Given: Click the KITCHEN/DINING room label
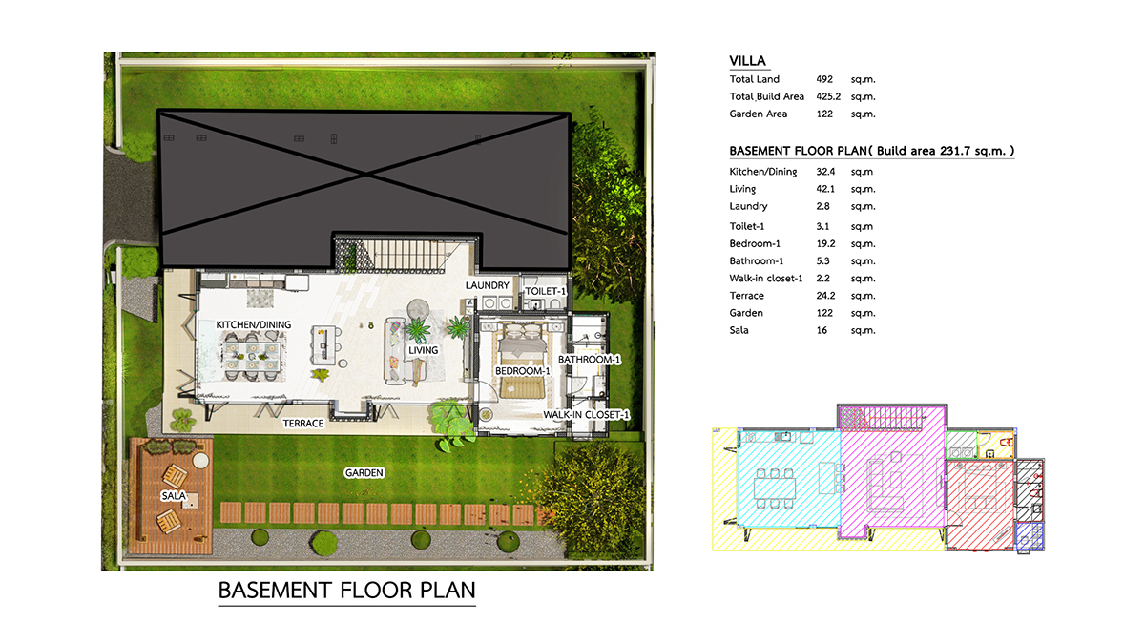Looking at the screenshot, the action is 253,324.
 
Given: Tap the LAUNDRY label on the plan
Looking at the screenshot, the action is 488,285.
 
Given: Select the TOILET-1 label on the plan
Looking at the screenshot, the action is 546,291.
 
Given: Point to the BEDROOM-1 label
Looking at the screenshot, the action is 523,370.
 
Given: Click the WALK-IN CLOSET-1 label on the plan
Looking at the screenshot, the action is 586,414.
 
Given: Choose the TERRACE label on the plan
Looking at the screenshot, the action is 303,424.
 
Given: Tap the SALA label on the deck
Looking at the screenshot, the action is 174,496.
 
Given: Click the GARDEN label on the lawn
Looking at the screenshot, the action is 364,473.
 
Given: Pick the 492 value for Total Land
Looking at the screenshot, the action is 824,79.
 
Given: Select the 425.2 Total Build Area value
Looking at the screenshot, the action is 828,96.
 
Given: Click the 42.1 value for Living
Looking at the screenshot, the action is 825,189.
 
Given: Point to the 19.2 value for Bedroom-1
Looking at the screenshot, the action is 825,244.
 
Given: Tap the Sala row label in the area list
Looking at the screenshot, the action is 739,330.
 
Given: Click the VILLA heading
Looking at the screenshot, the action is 747,61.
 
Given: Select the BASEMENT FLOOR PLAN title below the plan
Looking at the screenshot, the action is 346,591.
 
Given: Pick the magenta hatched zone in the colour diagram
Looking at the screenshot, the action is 892,481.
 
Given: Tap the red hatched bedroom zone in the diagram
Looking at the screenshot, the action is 979,505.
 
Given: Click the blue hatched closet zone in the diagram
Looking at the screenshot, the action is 1029,536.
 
